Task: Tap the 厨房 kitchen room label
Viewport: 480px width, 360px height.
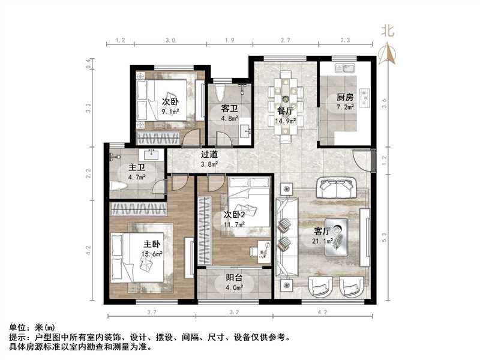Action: click(344, 97)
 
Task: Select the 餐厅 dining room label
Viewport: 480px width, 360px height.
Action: click(284, 110)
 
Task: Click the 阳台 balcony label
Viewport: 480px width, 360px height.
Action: click(234, 278)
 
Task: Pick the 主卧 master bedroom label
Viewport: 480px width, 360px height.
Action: click(151, 245)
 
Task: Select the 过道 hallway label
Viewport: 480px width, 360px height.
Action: click(209, 154)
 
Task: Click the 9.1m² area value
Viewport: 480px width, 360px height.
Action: click(170, 110)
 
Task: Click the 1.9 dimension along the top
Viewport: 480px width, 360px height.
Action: click(229, 41)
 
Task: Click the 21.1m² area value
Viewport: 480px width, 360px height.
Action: click(322, 241)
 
